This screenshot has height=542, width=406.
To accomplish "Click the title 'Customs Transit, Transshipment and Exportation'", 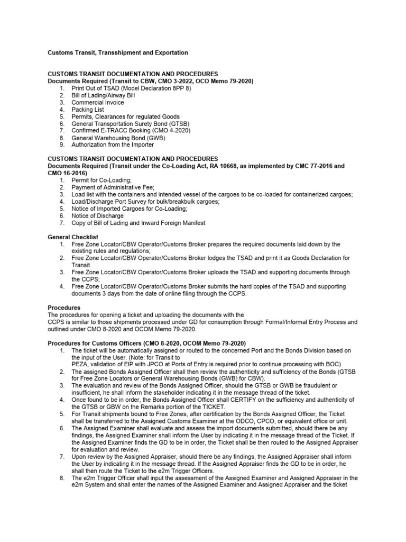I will [117, 53].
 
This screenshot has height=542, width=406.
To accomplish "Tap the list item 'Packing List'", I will [88, 110].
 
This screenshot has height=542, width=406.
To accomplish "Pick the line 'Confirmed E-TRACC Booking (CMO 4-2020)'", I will [131, 131].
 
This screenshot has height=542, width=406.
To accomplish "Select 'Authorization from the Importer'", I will [113, 145].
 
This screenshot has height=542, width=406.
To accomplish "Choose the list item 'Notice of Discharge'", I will [98, 216].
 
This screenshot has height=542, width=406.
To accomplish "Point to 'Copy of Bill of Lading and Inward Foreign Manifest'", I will [139, 223].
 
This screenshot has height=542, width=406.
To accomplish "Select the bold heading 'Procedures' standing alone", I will [64, 308].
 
